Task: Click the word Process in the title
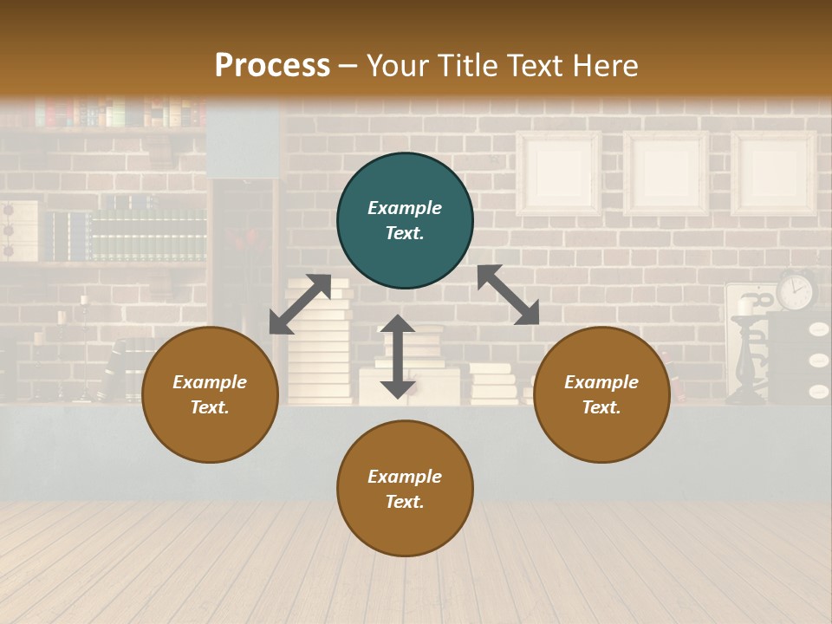tap(272, 65)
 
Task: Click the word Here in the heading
tap(608, 65)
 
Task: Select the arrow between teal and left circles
tap(300, 303)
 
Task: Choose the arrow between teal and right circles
tap(508, 295)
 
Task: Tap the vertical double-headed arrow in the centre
tap(398, 356)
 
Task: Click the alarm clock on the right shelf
tap(796, 290)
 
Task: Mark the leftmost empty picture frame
tap(558, 173)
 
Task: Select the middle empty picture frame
tap(666, 173)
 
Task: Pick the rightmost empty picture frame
tap(773, 173)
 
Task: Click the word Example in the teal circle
tap(405, 208)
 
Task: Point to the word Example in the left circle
tap(210, 382)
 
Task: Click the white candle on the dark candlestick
tap(745, 305)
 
